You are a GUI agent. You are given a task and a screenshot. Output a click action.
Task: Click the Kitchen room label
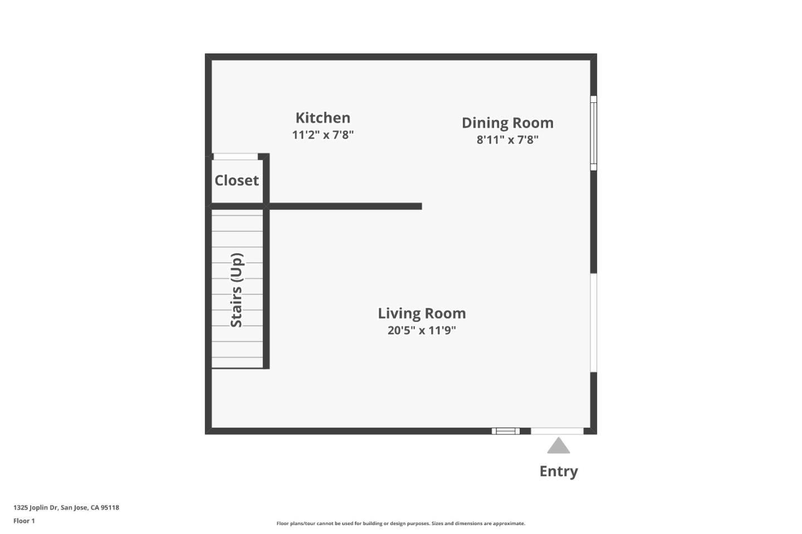[322, 118]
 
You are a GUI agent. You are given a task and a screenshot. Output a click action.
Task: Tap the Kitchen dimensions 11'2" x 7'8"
[322, 135]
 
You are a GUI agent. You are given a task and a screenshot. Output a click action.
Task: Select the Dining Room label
[507, 123]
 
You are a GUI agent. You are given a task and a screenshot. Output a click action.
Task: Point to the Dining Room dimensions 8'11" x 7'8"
[507, 140]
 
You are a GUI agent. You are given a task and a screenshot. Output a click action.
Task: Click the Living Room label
[422, 313]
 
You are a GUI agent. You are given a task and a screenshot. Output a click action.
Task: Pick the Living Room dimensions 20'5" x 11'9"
[422, 330]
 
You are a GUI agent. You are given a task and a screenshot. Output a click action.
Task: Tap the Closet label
[237, 181]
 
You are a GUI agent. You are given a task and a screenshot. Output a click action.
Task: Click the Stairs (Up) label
[237, 290]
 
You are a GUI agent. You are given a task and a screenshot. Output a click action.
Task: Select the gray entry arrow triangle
[558, 446]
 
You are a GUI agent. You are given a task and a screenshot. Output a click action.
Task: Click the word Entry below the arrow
[559, 471]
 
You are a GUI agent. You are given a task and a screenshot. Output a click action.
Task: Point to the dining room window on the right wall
[594, 133]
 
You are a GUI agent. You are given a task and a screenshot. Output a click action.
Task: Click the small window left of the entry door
[506, 431]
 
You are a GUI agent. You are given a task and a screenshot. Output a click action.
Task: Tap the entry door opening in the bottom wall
[557, 431]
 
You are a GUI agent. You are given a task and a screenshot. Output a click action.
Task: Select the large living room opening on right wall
[594, 323]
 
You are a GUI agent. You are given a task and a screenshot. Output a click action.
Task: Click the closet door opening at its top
[236, 157]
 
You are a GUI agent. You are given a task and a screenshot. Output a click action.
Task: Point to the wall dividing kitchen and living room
[345, 206]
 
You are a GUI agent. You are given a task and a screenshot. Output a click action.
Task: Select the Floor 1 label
[24, 521]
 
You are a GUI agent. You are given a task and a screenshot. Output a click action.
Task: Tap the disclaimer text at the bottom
[400, 523]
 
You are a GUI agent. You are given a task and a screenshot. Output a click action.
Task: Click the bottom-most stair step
[237, 362]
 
